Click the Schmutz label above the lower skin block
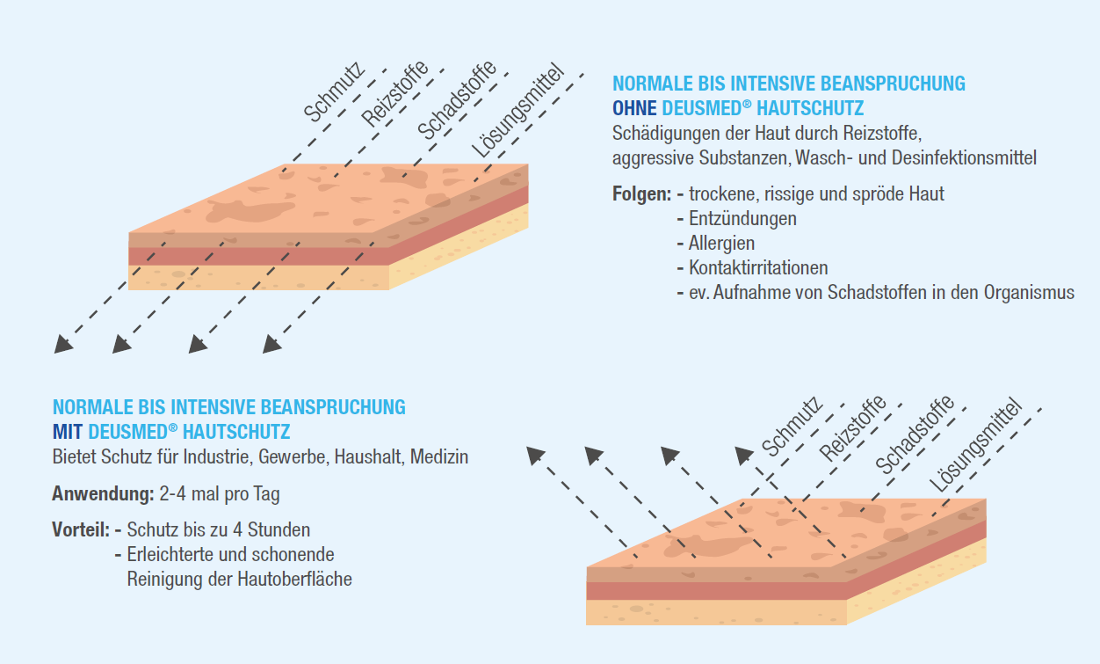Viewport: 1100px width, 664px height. click(x=792, y=427)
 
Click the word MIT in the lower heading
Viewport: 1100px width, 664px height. click(x=68, y=432)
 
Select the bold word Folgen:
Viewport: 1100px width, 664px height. click(x=641, y=193)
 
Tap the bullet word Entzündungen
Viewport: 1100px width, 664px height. click(x=742, y=218)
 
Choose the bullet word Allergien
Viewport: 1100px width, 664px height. click(x=721, y=243)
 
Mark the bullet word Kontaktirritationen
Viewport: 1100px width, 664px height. click(x=758, y=267)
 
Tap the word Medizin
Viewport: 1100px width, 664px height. click(x=438, y=457)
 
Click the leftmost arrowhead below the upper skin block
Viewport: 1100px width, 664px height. click(x=62, y=344)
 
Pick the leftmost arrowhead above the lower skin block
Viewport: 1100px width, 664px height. click(x=534, y=454)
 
